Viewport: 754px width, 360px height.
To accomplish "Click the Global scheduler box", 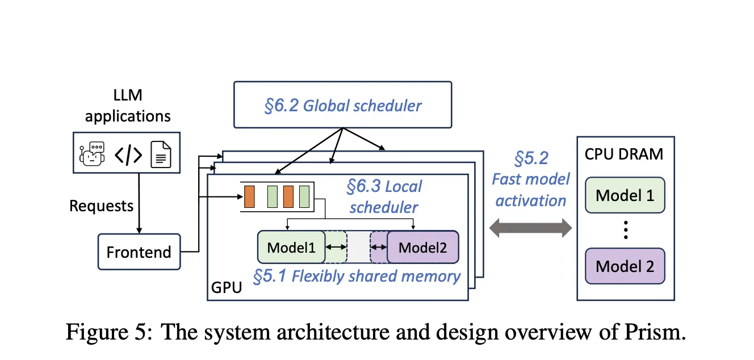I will (x=342, y=104).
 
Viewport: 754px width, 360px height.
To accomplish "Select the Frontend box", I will (x=139, y=252).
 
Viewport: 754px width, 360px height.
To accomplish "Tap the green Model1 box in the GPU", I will (x=291, y=247).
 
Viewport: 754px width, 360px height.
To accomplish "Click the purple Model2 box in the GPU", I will (x=422, y=247).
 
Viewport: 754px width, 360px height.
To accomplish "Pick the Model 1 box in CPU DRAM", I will (x=625, y=196).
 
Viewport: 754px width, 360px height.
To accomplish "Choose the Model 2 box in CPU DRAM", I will (x=625, y=266).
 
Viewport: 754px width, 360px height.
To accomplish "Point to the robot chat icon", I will (x=93, y=153).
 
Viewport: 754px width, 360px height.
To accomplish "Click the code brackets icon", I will (x=128, y=154).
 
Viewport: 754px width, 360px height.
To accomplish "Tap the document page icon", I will (x=161, y=154).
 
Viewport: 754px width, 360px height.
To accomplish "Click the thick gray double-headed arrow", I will (x=531, y=229).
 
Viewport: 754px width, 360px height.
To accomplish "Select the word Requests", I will (x=101, y=206).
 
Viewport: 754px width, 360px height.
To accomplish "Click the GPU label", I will (x=226, y=287).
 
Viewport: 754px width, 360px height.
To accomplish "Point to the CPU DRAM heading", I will (x=625, y=154).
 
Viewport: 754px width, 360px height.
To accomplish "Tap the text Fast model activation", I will (x=530, y=179).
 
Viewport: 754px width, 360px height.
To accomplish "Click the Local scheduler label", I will (x=384, y=196).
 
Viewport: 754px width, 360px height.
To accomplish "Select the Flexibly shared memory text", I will (x=357, y=276).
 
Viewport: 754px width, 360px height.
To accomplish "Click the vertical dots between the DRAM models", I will (x=625, y=229).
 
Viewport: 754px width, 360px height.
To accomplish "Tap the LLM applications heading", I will (x=127, y=106).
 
